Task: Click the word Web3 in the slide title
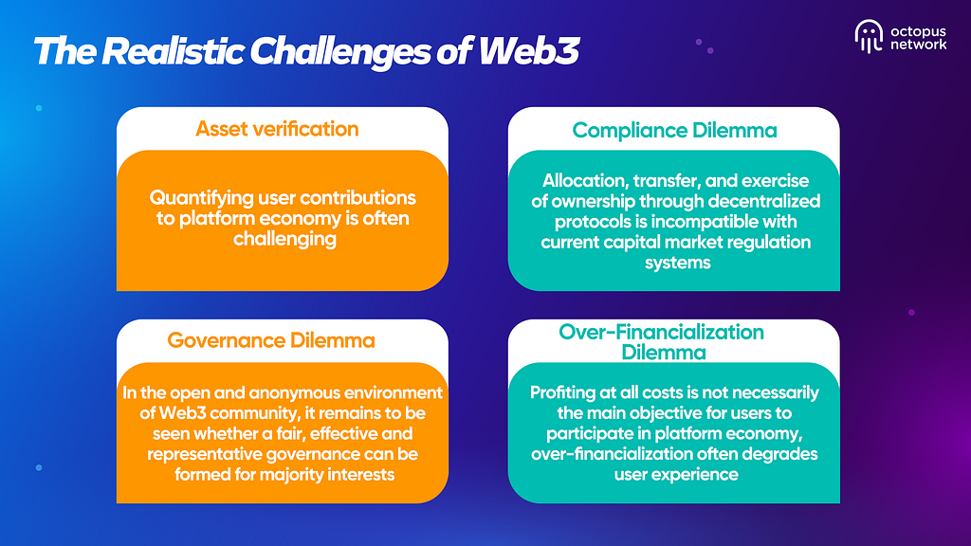pyautogui.click(x=529, y=51)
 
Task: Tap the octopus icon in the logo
pyautogui.click(x=868, y=35)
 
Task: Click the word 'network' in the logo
pyautogui.click(x=918, y=44)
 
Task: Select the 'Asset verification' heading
pyautogui.click(x=277, y=129)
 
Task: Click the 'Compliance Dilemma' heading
pyautogui.click(x=673, y=130)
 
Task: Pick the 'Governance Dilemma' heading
pyautogui.click(x=271, y=339)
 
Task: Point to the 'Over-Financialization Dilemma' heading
pyautogui.click(x=662, y=341)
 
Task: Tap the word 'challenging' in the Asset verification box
pyautogui.click(x=283, y=239)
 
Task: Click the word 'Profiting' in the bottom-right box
pyautogui.click(x=569, y=392)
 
